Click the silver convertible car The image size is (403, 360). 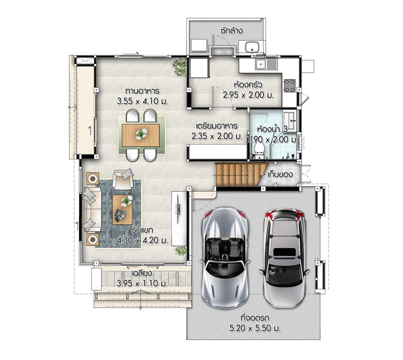click(x=225, y=257)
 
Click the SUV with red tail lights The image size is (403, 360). click(x=285, y=258)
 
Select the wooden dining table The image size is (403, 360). click(x=141, y=135)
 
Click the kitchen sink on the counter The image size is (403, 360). click(x=266, y=64)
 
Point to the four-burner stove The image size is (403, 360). click(x=289, y=86)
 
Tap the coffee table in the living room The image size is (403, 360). click(x=122, y=210)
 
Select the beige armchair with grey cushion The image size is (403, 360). click(x=123, y=179)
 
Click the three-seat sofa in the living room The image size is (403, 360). click(x=92, y=210)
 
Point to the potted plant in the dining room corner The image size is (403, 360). click(x=179, y=67)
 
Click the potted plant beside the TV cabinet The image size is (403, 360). click(x=181, y=251)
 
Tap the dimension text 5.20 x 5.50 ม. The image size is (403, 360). click(x=255, y=328)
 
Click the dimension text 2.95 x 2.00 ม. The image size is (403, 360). click(x=248, y=95)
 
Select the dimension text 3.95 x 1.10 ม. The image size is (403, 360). click(x=142, y=283)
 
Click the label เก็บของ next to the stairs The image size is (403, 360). click(x=280, y=174)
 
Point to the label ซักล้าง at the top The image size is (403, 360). click(x=231, y=31)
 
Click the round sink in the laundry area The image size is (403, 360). click(x=252, y=47)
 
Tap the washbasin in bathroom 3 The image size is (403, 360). click(x=290, y=120)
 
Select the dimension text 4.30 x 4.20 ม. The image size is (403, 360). click(x=142, y=241)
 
